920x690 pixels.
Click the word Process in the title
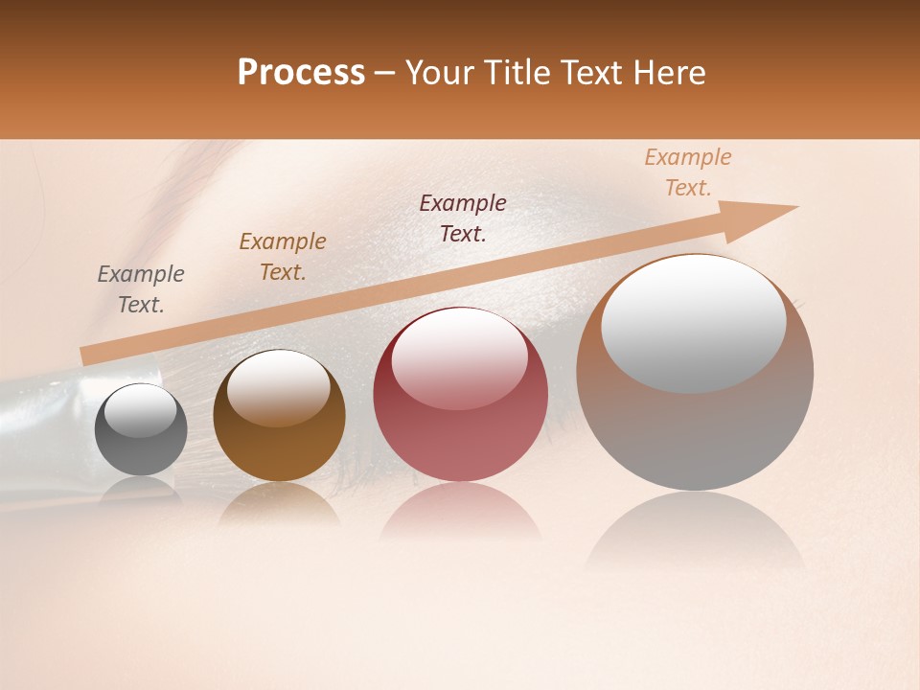(x=301, y=73)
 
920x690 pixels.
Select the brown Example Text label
(x=283, y=257)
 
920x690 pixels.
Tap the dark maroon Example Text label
(x=463, y=218)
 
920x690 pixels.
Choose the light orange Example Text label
(x=688, y=172)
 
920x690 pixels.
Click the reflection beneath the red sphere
(x=460, y=513)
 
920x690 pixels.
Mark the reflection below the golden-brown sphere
(x=279, y=503)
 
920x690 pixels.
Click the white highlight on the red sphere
(x=460, y=356)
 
